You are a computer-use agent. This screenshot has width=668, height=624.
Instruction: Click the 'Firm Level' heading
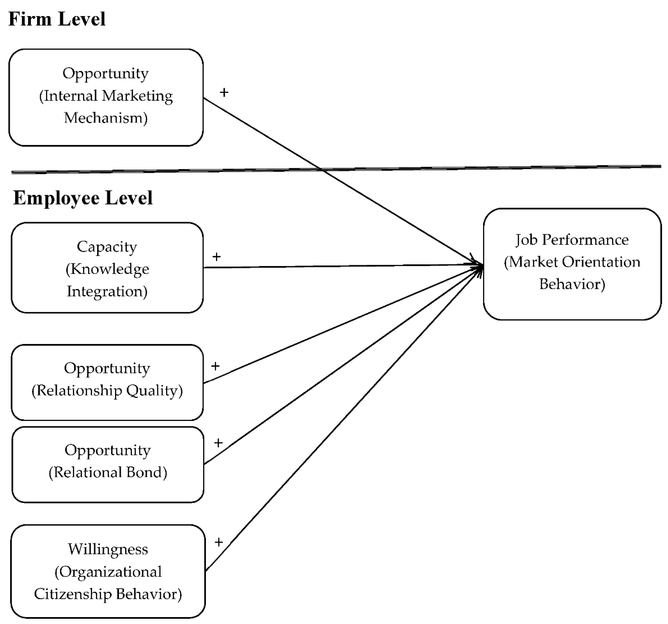57,19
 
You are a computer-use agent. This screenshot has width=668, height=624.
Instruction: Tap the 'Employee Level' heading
83,198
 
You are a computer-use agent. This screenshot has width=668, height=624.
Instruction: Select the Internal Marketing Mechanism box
106,97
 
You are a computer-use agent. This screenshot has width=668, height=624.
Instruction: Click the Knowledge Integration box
107,268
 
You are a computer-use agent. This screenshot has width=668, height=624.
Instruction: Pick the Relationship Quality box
107,382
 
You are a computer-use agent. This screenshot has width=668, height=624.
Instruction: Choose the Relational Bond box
108,464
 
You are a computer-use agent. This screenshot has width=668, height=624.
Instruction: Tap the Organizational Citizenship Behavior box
108,571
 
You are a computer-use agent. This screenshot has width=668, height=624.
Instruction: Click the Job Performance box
572,264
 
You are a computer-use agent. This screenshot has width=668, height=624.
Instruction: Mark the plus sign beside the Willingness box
219,542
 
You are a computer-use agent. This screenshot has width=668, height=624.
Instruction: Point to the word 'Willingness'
108,549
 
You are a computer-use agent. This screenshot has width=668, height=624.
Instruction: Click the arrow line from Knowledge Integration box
336,266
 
